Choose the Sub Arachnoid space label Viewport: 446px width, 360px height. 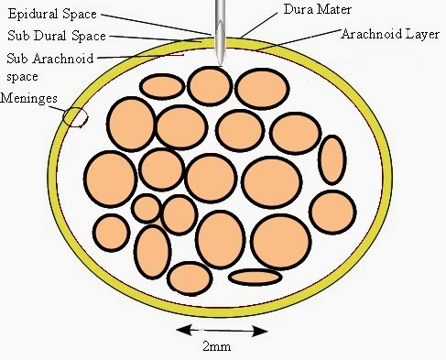[x=46, y=67]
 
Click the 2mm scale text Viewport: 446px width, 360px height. [x=218, y=347]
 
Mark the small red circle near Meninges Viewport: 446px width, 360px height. [x=75, y=116]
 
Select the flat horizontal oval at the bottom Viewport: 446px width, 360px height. [x=254, y=277]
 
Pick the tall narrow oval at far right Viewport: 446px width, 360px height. [x=332, y=159]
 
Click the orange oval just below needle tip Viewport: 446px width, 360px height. [x=210, y=85]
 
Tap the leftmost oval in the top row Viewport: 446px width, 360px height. [x=162, y=87]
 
